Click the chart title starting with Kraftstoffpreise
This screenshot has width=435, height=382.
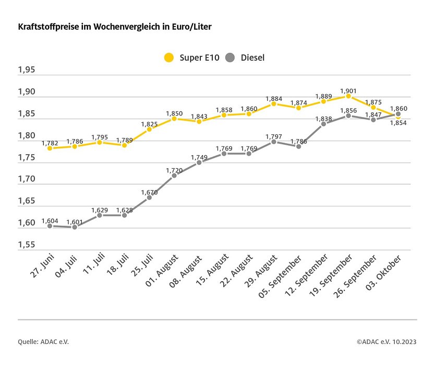coord(115,26)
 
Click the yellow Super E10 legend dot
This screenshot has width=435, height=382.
coord(168,57)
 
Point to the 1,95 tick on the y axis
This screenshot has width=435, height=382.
coord(27,70)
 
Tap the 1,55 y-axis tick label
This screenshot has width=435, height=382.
coord(27,245)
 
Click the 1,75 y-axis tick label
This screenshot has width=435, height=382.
coord(27,157)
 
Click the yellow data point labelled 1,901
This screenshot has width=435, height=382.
coord(348,96)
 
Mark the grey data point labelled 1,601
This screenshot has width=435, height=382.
coord(75,227)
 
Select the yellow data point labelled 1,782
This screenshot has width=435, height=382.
coord(50,148)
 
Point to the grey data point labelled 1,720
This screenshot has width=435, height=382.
coord(174,176)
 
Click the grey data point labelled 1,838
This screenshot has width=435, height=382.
coord(323,124)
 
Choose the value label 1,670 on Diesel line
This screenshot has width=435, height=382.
coord(149,192)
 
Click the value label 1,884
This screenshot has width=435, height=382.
coord(274,98)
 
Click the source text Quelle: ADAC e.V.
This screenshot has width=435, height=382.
coord(43,342)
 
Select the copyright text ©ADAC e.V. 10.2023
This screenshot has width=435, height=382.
coord(386,342)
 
